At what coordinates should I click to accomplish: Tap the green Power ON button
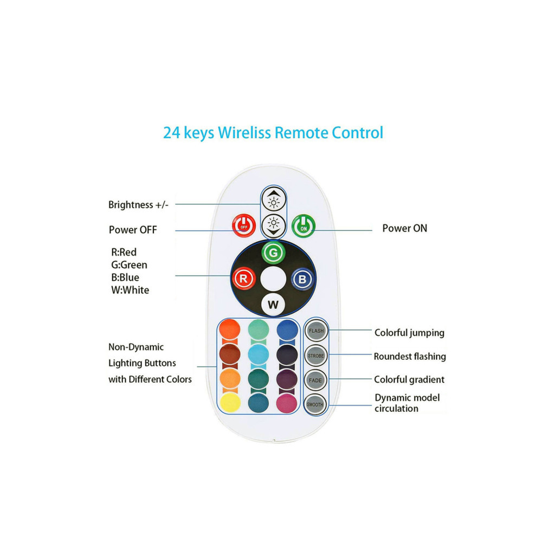pyautogui.click(x=304, y=226)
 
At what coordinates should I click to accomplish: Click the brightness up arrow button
pyautogui.click(x=274, y=201)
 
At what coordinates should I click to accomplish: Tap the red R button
pyautogui.click(x=243, y=279)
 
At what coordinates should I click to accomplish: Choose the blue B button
pyautogui.click(x=302, y=279)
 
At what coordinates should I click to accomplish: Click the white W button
pyautogui.click(x=273, y=305)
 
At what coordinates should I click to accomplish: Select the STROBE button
pyautogui.click(x=315, y=356)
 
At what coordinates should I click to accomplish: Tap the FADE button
pyautogui.click(x=315, y=380)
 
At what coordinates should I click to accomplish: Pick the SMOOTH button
pyautogui.click(x=315, y=404)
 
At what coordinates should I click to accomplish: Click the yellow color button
pyautogui.click(x=230, y=403)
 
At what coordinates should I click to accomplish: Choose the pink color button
pyautogui.click(x=287, y=403)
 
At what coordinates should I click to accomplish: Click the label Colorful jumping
pyautogui.click(x=409, y=333)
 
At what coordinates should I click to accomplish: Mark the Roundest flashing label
pyautogui.click(x=410, y=357)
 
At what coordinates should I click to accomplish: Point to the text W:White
pyautogui.click(x=130, y=291)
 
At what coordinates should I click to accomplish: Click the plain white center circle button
pyautogui.click(x=273, y=279)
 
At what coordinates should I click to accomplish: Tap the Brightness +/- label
pyautogui.click(x=138, y=205)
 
